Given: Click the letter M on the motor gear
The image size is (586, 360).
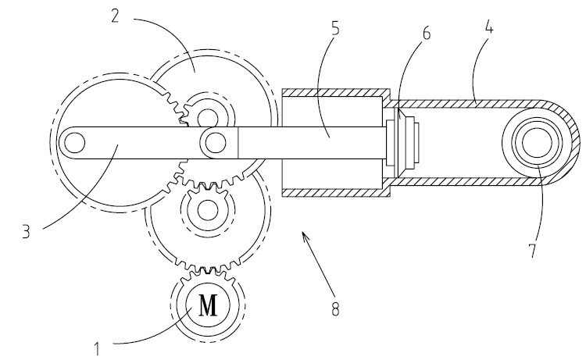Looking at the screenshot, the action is (x=208, y=305).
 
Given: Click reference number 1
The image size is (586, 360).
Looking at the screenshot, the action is (x=97, y=349).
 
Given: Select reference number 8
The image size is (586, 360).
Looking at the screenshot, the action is (x=335, y=308).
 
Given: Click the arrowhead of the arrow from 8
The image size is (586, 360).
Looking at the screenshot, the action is (x=305, y=235).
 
